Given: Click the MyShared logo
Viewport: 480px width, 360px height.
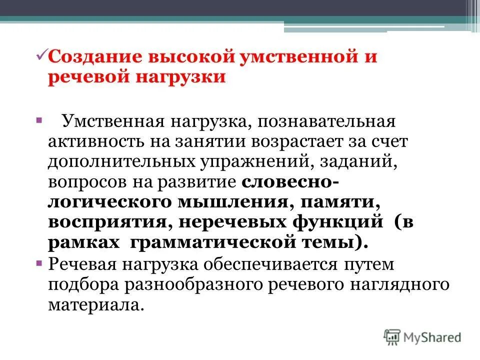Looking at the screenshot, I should pos(423,337).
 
